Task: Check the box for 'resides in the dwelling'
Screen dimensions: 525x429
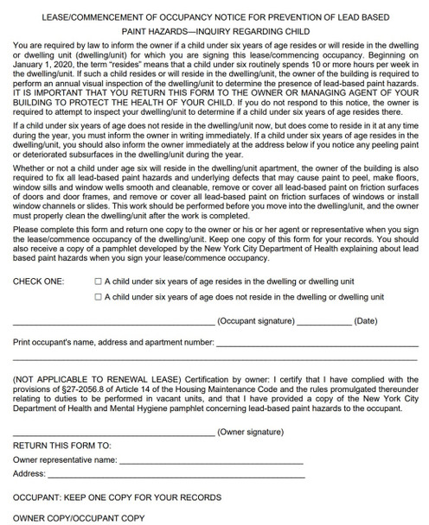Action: click(98, 281)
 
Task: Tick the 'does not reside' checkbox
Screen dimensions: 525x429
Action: click(98, 296)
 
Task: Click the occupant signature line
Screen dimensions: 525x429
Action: click(112, 324)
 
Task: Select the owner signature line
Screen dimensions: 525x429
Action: click(112, 433)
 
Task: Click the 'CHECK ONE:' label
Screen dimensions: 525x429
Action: click(38, 281)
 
